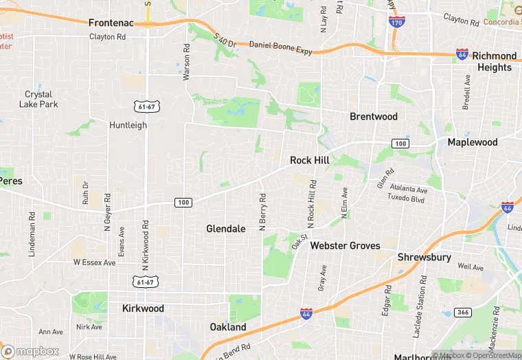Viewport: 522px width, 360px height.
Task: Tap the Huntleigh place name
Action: [x=128, y=125]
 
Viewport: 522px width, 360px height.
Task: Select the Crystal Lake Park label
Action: [x=39, y=99]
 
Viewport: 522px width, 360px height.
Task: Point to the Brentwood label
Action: [x=374, y=116]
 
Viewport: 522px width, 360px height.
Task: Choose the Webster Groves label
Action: [x=345, y=245]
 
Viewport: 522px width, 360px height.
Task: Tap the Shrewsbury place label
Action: [x=424, y=258]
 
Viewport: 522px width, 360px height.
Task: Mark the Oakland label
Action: [x=228, y=327]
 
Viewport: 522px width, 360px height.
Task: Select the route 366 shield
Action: [x=464, y=313]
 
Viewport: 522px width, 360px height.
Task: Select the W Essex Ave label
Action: [x=95, y=262]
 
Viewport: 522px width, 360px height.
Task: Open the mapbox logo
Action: [x=30, y=350]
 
